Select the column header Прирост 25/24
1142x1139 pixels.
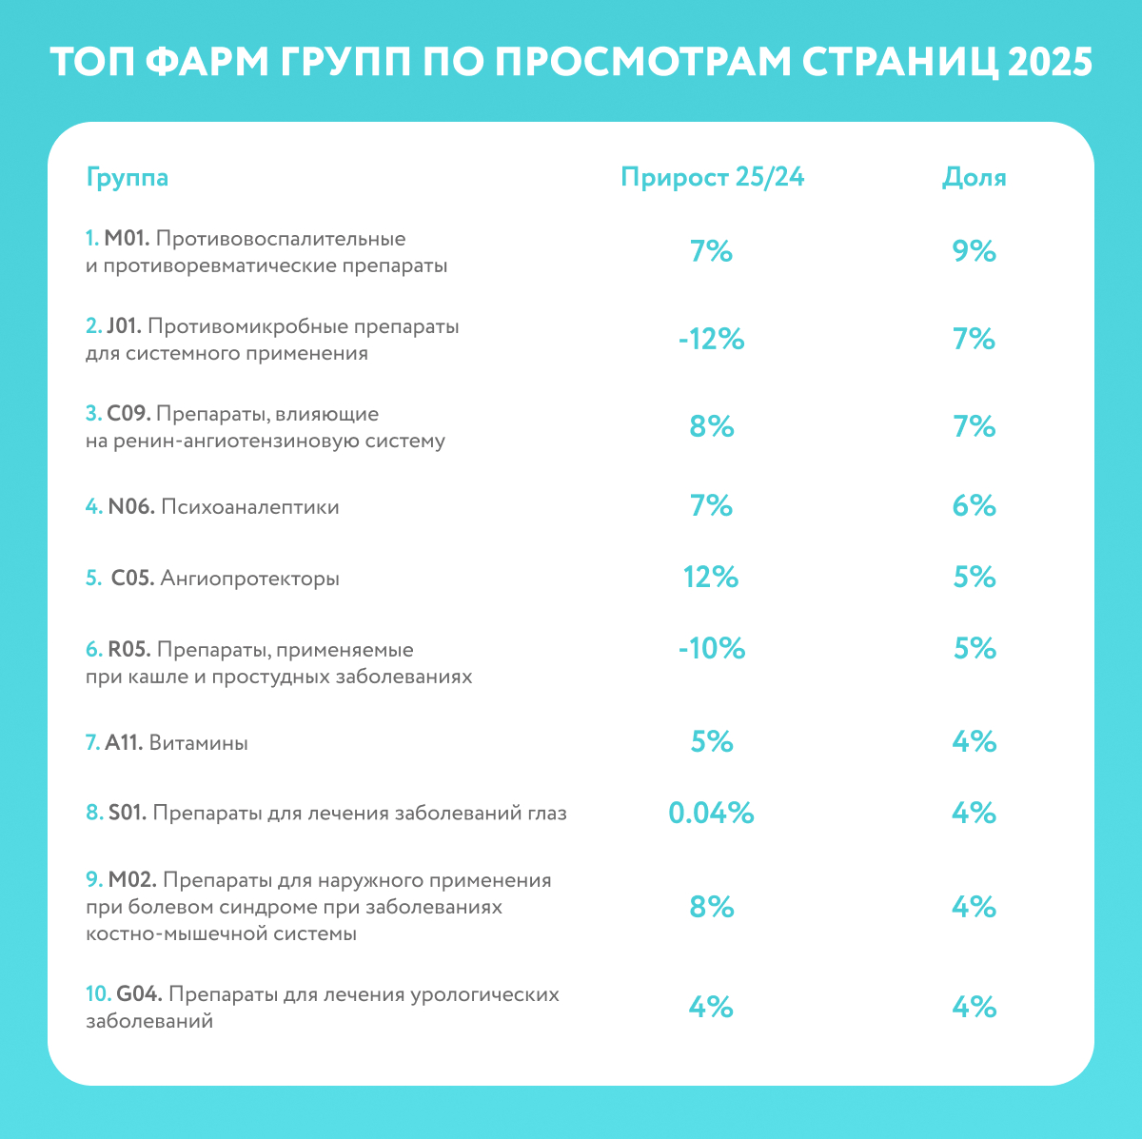point(712,178)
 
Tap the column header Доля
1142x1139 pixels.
point(974,178)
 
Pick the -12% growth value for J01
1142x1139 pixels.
point(711,340)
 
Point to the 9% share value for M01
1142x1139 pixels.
point(974,251)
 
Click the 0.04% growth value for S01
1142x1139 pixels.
point(711,813)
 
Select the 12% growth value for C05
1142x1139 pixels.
point(711,578)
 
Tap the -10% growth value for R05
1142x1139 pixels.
point(711,649)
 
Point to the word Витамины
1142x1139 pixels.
point(198,743)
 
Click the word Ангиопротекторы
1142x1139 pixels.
point(249,579)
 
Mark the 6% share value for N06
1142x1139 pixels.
point(974,506)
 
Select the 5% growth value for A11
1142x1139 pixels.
point(711,741)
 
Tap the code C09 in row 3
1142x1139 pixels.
point(128,415)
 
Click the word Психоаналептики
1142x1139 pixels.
point(249,507)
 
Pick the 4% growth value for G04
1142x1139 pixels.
point(711,1007)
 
